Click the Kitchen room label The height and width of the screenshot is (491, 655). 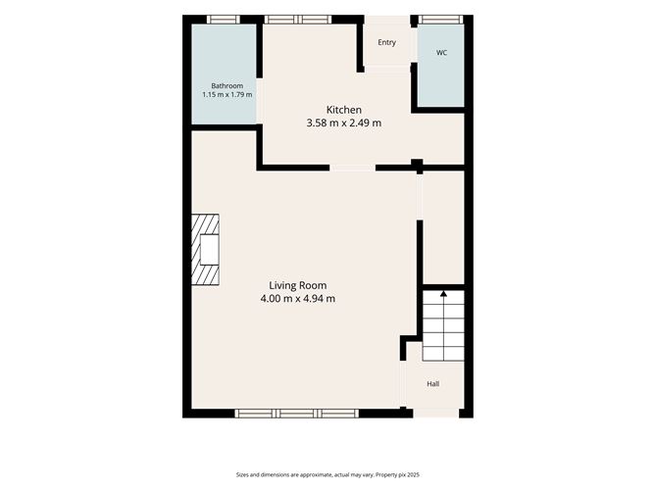344,110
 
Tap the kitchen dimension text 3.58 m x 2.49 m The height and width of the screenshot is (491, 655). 344,123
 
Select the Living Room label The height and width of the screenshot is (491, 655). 298,285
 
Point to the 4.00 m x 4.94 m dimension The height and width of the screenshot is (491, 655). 298,299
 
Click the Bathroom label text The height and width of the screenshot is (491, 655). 227,86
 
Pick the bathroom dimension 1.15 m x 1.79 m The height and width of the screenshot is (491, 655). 227,95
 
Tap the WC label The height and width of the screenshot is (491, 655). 441,53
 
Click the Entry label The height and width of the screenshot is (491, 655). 386,42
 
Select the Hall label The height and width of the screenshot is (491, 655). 433,384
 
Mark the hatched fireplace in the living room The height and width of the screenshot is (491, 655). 205,250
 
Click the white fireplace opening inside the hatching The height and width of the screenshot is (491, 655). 209,250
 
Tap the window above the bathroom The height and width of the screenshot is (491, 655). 224,20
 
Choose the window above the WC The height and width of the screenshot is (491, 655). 440,20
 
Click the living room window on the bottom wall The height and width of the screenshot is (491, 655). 296,414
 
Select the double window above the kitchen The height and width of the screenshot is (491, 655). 298,20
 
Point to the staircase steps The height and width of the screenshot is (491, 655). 443,325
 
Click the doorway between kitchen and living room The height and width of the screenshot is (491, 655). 353,168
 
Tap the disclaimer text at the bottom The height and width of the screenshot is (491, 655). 327,474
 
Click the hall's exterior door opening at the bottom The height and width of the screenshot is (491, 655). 436,414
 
